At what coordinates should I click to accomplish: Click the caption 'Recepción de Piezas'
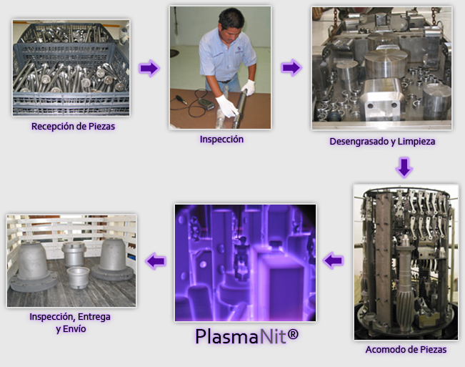73,127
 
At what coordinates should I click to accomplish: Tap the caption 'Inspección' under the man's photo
221,140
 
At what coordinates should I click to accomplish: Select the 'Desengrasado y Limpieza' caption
382,142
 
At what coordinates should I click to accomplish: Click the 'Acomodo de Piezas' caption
406,350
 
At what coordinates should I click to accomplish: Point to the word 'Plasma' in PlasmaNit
227,336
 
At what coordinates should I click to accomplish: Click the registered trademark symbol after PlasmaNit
293,335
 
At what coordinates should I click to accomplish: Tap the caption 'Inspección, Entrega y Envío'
70,323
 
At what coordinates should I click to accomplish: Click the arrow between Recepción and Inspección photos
149,68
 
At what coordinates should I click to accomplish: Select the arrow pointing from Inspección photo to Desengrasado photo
291,68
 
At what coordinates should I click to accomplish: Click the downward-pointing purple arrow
404,168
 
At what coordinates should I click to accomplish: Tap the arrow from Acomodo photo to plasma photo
333,260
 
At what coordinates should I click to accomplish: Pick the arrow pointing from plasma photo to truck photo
156,261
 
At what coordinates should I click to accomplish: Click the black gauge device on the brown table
206,104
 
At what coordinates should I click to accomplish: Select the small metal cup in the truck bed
78,278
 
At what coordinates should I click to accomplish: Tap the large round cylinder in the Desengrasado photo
386,64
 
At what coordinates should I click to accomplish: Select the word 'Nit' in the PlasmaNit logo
273,336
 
